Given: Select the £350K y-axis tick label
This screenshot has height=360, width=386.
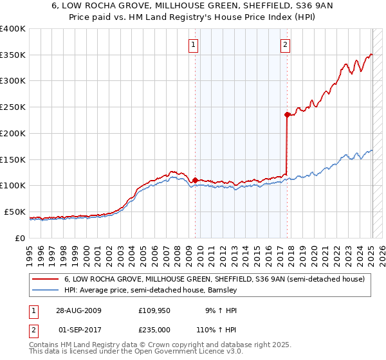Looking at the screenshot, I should point(13,55).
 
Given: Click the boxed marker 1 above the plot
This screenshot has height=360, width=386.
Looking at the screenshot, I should point(194,44).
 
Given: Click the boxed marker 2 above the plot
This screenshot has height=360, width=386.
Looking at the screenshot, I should point(285,44).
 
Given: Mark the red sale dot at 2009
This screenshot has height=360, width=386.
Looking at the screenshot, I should point(195,180).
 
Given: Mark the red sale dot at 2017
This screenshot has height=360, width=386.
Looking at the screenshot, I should point(286,114).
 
